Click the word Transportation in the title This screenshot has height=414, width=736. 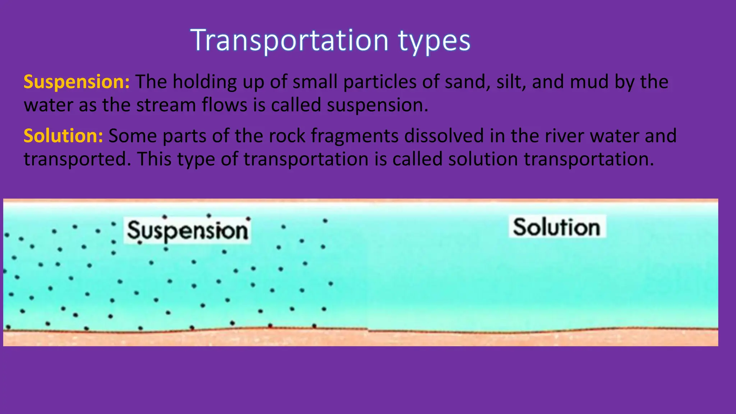[x=289, y=40]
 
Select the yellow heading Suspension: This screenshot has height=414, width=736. [x=77, y=82]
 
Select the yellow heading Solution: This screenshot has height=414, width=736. [x=63, y=136]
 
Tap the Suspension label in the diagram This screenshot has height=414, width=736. [x=187, y=230]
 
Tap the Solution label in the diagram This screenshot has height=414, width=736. [x=557, y=227]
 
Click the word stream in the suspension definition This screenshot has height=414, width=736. [x=166, y=105]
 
